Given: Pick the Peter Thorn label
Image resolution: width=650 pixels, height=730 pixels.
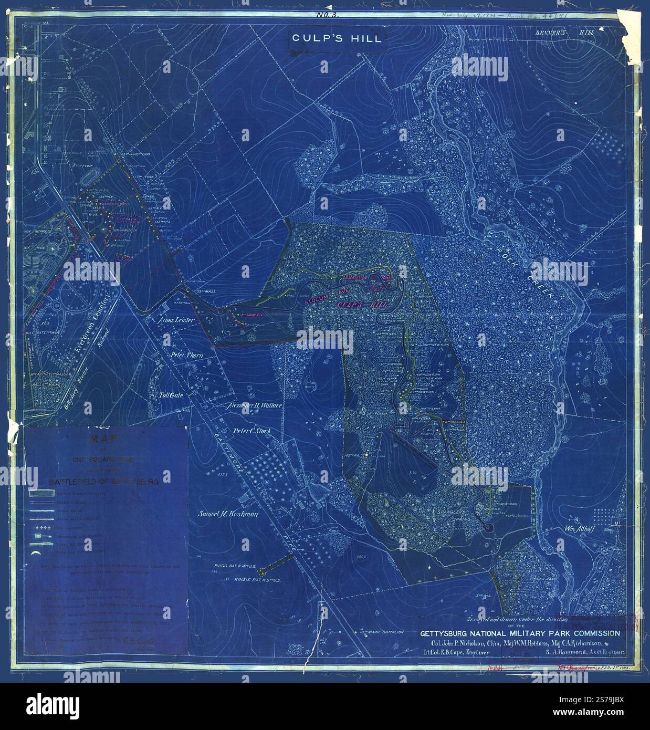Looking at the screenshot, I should click(186, 355).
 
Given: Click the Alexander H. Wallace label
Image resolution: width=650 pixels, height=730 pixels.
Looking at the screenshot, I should click(254, 406).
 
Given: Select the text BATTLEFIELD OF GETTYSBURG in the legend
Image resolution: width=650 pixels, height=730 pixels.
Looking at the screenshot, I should click(104, 481).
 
